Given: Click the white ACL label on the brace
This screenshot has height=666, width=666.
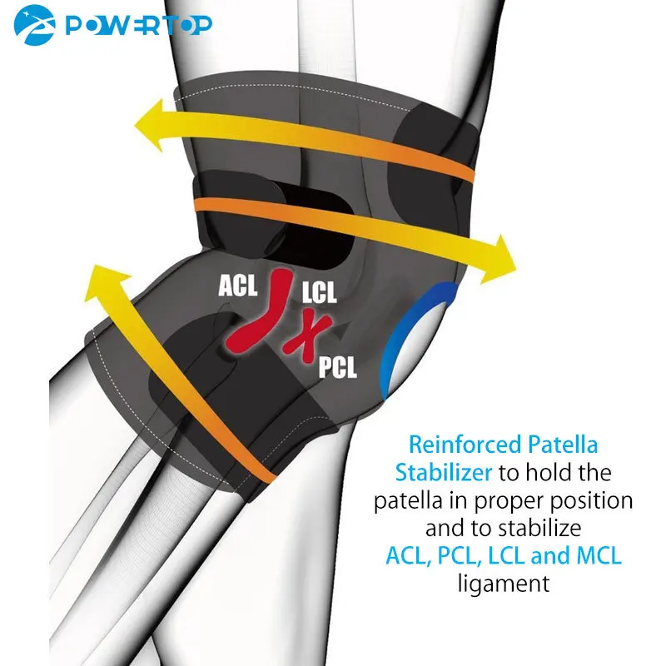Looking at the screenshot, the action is [x=238, y=286].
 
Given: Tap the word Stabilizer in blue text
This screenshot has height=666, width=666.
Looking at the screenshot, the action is [x=444, y=474].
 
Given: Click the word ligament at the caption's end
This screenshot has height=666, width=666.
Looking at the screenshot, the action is [x=504, y=583].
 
